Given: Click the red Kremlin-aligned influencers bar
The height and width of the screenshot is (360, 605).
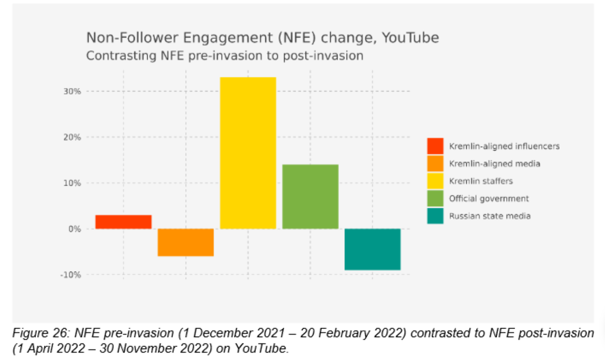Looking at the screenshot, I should coord(123,222).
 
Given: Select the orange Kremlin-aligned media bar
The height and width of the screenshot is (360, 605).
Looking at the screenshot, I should coord(186,242).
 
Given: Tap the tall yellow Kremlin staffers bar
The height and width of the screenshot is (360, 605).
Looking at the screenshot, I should coord(248,153).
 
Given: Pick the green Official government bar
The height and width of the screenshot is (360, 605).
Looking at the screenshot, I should coord(310,196).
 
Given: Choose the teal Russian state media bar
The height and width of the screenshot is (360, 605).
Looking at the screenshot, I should coord(372,249).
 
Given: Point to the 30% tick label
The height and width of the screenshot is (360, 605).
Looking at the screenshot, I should coord(72,91).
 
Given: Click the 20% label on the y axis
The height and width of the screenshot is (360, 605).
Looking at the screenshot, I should coord(72,137).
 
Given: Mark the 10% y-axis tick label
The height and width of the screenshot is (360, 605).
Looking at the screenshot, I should coord(72,183).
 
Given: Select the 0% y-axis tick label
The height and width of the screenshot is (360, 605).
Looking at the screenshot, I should coord(74,229).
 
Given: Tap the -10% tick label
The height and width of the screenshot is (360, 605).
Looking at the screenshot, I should coord(70,275).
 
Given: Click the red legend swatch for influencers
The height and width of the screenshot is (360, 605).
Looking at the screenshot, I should coord(435,146).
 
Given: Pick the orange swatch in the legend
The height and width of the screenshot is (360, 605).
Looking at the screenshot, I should coord(435,164).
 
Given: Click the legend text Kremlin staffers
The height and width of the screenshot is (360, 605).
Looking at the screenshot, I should coord(481,181).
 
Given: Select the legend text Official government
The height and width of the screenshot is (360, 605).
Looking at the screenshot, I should coord(489,198).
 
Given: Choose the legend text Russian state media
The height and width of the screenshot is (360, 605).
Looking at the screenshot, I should coord(490,216).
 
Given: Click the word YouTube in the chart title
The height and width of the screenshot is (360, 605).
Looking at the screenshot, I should coord(410,38).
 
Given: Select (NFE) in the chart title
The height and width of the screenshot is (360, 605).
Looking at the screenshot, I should coord(297,38).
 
